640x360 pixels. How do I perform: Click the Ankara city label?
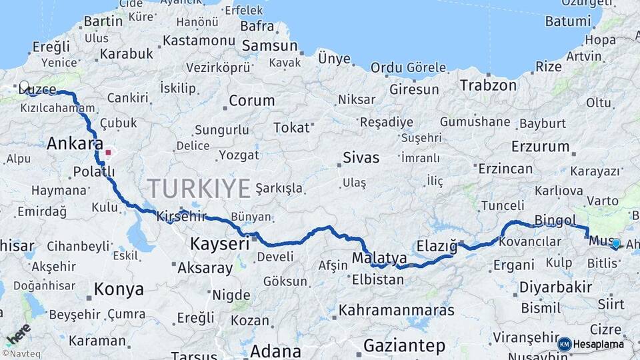point(75,143)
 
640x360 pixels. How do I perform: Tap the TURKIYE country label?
point(199,188)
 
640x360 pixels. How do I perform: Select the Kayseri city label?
point(219,244)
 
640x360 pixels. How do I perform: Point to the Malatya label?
point(379,257)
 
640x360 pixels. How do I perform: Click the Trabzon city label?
point(488,85)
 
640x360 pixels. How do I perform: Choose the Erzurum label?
point(541,146)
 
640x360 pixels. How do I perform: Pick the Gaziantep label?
point(404,346)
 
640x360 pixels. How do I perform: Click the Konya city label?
point(119,289)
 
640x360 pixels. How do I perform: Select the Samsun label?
point(269,46)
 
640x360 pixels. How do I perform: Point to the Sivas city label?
point(361,158)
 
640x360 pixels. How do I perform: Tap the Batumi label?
point(567,21)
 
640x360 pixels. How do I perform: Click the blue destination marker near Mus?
point(616,244)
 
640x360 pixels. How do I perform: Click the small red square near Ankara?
point(108,152)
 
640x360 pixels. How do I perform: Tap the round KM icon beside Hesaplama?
point(564,344)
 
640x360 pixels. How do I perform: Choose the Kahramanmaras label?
point(396,310)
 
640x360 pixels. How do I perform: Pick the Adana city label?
point(275,351)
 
